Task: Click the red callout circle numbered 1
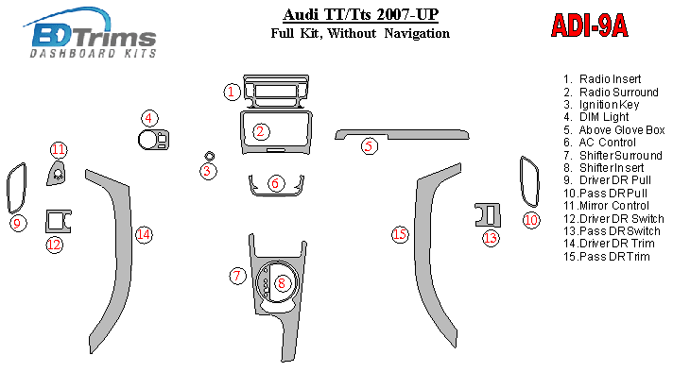232,92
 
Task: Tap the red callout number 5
370,146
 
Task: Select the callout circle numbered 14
144,234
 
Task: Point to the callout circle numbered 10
531,220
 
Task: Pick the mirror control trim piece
57,174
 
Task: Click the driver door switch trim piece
58,221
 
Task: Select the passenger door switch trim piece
488,215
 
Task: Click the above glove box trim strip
402,134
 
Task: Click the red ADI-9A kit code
589,25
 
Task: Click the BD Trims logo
91,33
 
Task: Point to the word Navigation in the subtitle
417,33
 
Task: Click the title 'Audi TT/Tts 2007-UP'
360,15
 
